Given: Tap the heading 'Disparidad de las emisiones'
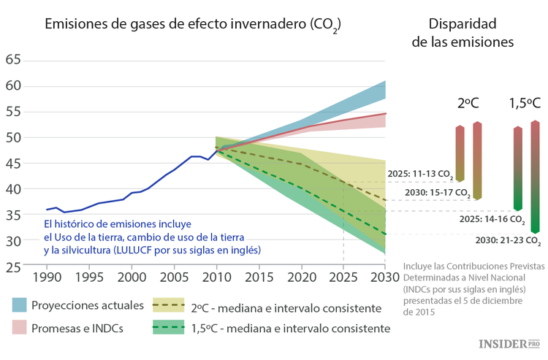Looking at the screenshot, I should point(463,33).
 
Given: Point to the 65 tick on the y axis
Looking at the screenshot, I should point(14,60).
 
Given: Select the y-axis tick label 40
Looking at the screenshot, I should point(14,188).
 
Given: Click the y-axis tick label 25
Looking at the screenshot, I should point(14,267).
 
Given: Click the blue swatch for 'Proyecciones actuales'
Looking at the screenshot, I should point(20,304).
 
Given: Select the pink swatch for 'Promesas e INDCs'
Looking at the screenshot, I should point(20,328).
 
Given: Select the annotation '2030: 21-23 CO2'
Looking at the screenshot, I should point(508,240).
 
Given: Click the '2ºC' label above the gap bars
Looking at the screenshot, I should point(468,104).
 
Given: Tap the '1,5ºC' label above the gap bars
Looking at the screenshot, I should point(525,104).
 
